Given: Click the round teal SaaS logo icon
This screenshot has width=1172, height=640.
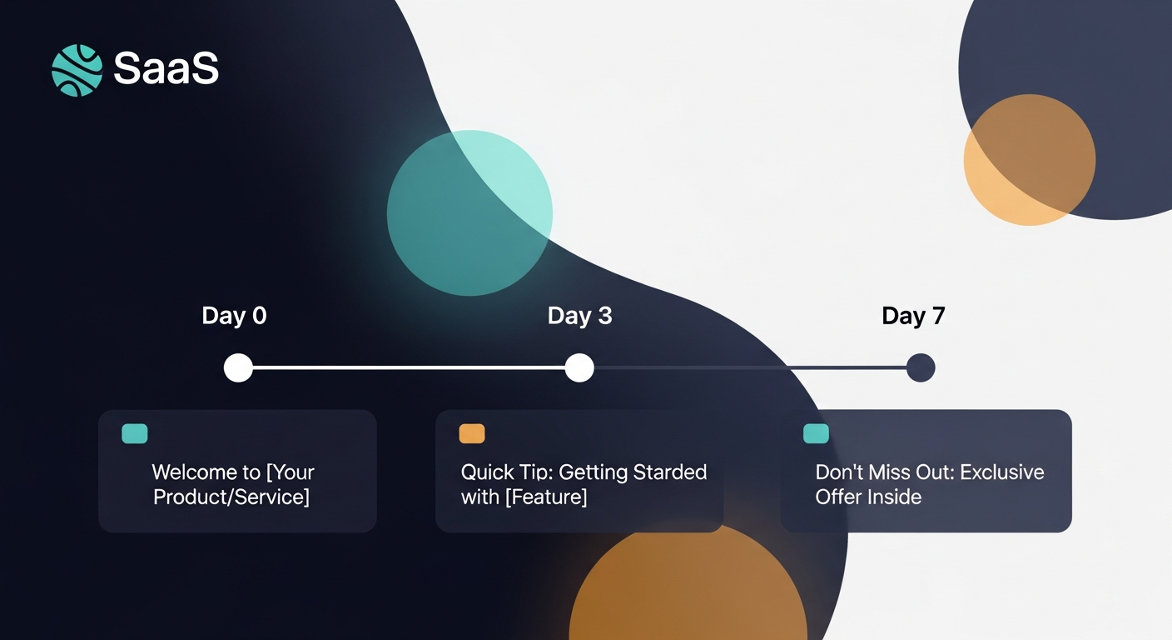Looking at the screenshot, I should coord(77,70).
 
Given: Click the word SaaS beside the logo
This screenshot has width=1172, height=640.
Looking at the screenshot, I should coord(166,68).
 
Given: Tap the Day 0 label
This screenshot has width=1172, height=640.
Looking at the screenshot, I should coord(234,316).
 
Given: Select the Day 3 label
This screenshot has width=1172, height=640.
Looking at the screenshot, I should coord(579,316).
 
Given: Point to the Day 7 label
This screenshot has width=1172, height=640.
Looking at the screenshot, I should coord(913,316).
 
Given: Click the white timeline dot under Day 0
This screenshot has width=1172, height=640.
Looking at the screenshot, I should coord(238,367).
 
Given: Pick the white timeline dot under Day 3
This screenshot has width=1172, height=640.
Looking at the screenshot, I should coord(579,367).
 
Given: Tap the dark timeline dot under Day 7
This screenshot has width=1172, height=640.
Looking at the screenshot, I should coord(921,367).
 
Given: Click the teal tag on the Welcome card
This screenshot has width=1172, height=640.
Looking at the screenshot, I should coord(135,433).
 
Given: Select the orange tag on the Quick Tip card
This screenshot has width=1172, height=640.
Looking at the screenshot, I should coord(472,433).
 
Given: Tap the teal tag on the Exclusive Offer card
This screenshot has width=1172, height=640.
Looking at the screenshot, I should coord(816,433).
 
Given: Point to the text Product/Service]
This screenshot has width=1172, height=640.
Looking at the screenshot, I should coord(231,497).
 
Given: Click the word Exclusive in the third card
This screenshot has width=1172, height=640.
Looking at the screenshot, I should coord(1001,472).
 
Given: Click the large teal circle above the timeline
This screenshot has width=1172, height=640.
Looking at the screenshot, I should coord(469,212).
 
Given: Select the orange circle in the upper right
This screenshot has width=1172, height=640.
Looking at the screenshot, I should coord(1029,159).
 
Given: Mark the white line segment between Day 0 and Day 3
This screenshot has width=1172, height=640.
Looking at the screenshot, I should coord(408,367).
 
